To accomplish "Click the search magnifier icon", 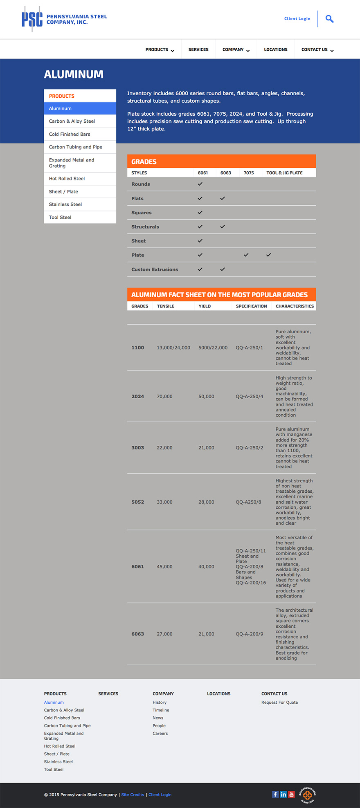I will click(x=329, y=19).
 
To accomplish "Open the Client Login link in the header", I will click(x=297, y=19).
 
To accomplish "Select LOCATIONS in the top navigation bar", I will click(x=275, y=49).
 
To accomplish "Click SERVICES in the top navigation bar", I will click(x=198, y=49).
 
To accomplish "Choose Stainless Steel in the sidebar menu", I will click(x=65, y=204).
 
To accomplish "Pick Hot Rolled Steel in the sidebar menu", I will click(x=67, y=179).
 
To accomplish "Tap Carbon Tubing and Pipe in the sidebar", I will click(x=76, y=147).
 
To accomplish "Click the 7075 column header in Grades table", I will click(x=249, y=173).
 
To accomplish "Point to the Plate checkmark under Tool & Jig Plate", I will click(x=268, y=255).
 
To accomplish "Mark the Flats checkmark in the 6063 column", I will click(x=223, y=198).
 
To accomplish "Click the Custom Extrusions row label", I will click(x=155, y=269).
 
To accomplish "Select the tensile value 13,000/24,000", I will click(x=173, y=348).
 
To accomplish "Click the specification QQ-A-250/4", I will click(x=250, y=396).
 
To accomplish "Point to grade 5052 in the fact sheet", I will click(x=137, y=502).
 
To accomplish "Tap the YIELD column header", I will click(x=205, y=306).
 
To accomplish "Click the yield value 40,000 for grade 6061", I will click(x=206, y=567).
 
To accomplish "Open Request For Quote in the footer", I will click(x=279, y=703).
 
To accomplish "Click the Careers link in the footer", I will click(x=160, y=734).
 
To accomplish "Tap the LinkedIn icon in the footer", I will click(x=283, y=795).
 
